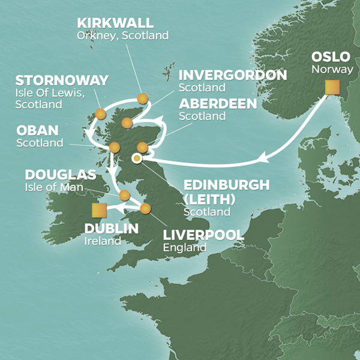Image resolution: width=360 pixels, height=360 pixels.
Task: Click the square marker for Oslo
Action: coord(332,88)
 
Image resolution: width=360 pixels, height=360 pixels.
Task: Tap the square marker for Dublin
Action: coord(100,211)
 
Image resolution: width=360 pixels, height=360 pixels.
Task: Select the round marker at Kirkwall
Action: coord(142,98)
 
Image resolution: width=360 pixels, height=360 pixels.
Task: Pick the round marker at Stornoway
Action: coord(101,114)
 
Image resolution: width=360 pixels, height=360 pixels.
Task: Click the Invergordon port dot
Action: coord(127,123)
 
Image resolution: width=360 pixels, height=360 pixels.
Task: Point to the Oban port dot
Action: coord(115,147)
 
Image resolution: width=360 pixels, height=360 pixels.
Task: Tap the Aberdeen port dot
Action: coord(142,147)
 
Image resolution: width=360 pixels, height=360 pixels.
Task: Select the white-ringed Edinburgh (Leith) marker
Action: coord(137,158)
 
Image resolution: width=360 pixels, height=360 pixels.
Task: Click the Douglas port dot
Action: coord(125,195)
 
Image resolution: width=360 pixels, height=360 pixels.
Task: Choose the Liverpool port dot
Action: coord(145,208)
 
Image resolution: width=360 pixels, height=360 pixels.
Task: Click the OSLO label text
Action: coord(331,57)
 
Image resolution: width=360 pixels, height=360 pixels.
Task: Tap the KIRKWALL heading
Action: coord(115,23)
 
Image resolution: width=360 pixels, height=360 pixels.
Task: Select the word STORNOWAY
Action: coord(62,80)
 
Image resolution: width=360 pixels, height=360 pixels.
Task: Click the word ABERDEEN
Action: coord(218,104)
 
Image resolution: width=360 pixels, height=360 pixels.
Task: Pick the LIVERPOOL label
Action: coord(203,235)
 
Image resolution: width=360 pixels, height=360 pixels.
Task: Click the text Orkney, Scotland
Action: coord(122,35)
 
